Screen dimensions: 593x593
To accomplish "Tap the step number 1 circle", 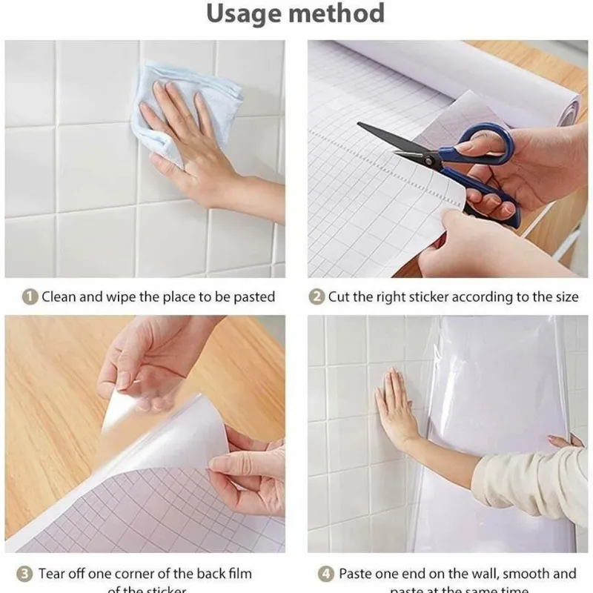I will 30,296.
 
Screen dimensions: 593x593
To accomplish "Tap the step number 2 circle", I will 317,296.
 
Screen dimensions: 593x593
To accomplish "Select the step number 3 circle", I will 24,574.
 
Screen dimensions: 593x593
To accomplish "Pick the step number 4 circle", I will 326,574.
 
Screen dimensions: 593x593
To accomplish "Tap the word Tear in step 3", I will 54,574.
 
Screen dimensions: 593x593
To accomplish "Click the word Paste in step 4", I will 357,574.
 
